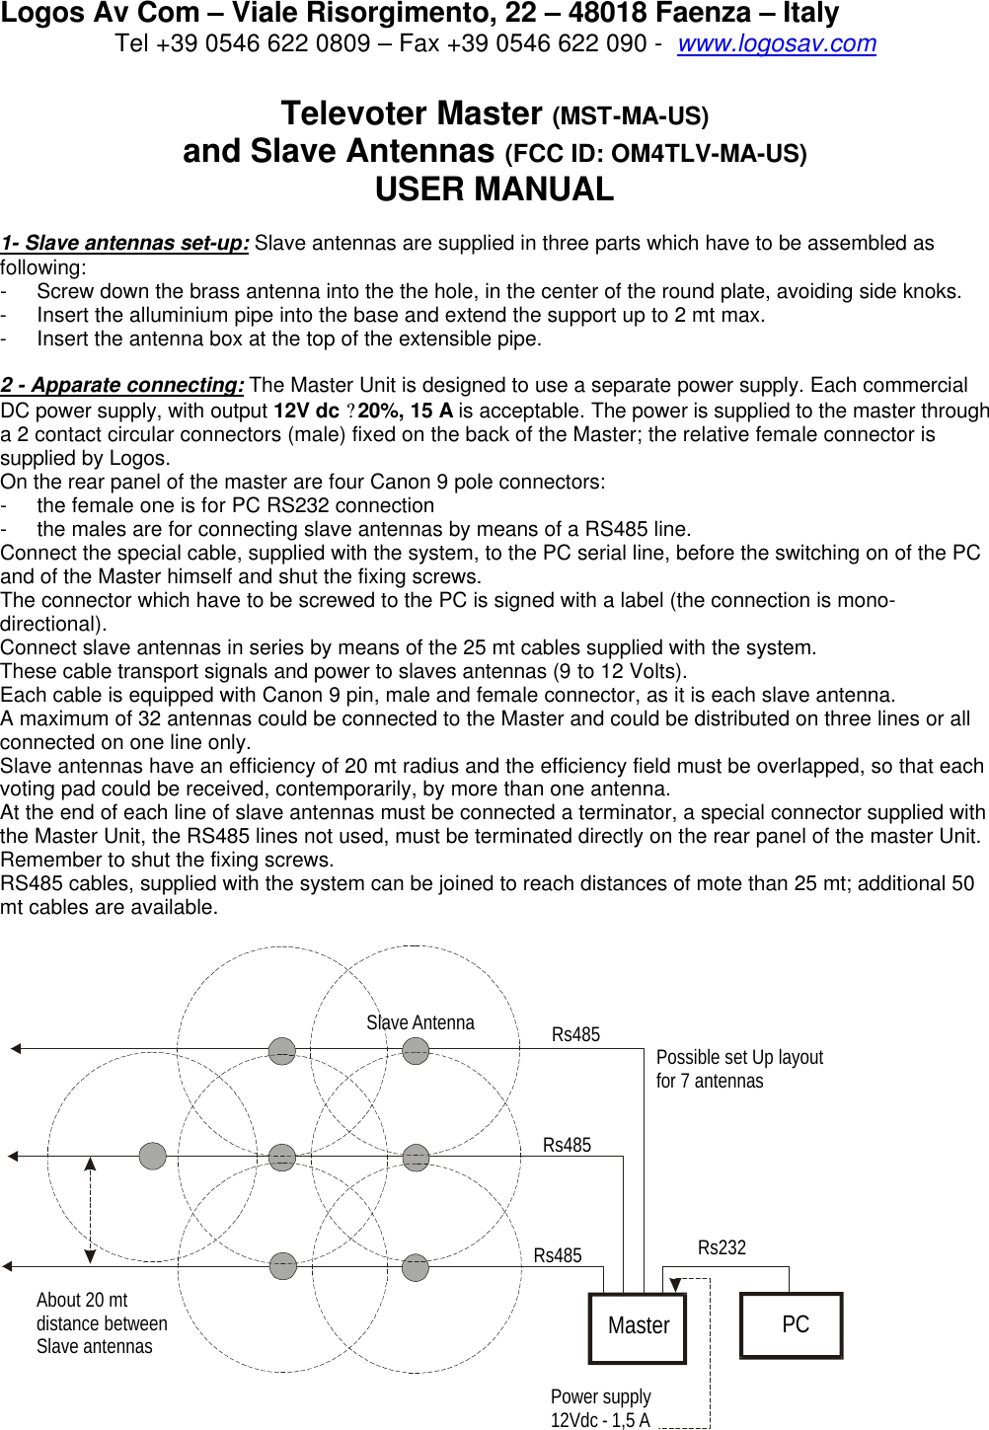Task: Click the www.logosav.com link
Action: (x=776, y=44)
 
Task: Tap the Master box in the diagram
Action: (x=638, y=1326)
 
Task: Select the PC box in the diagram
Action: (x=792, y=1325)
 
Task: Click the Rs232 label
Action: (x=722, y=1248)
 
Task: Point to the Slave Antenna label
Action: (x=419, y=1023)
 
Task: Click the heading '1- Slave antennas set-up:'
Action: (x=124, y=244)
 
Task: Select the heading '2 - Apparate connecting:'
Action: (x=122, y=386)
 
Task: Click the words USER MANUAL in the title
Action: (x=494, y=189)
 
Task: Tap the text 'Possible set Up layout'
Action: (x=739, y=1058)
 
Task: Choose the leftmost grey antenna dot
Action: (x=153, y=1156)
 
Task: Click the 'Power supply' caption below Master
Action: (x=600, y=1397)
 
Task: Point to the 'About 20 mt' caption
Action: (x=82, y=1301)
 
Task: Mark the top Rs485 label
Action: (x=575, y=1035)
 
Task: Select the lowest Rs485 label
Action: (x=558, y=1256)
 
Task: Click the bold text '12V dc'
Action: (x=306, y=411)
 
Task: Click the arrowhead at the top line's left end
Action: (x=15, y=1049)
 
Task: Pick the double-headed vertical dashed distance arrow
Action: (x=90, y=1210)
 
